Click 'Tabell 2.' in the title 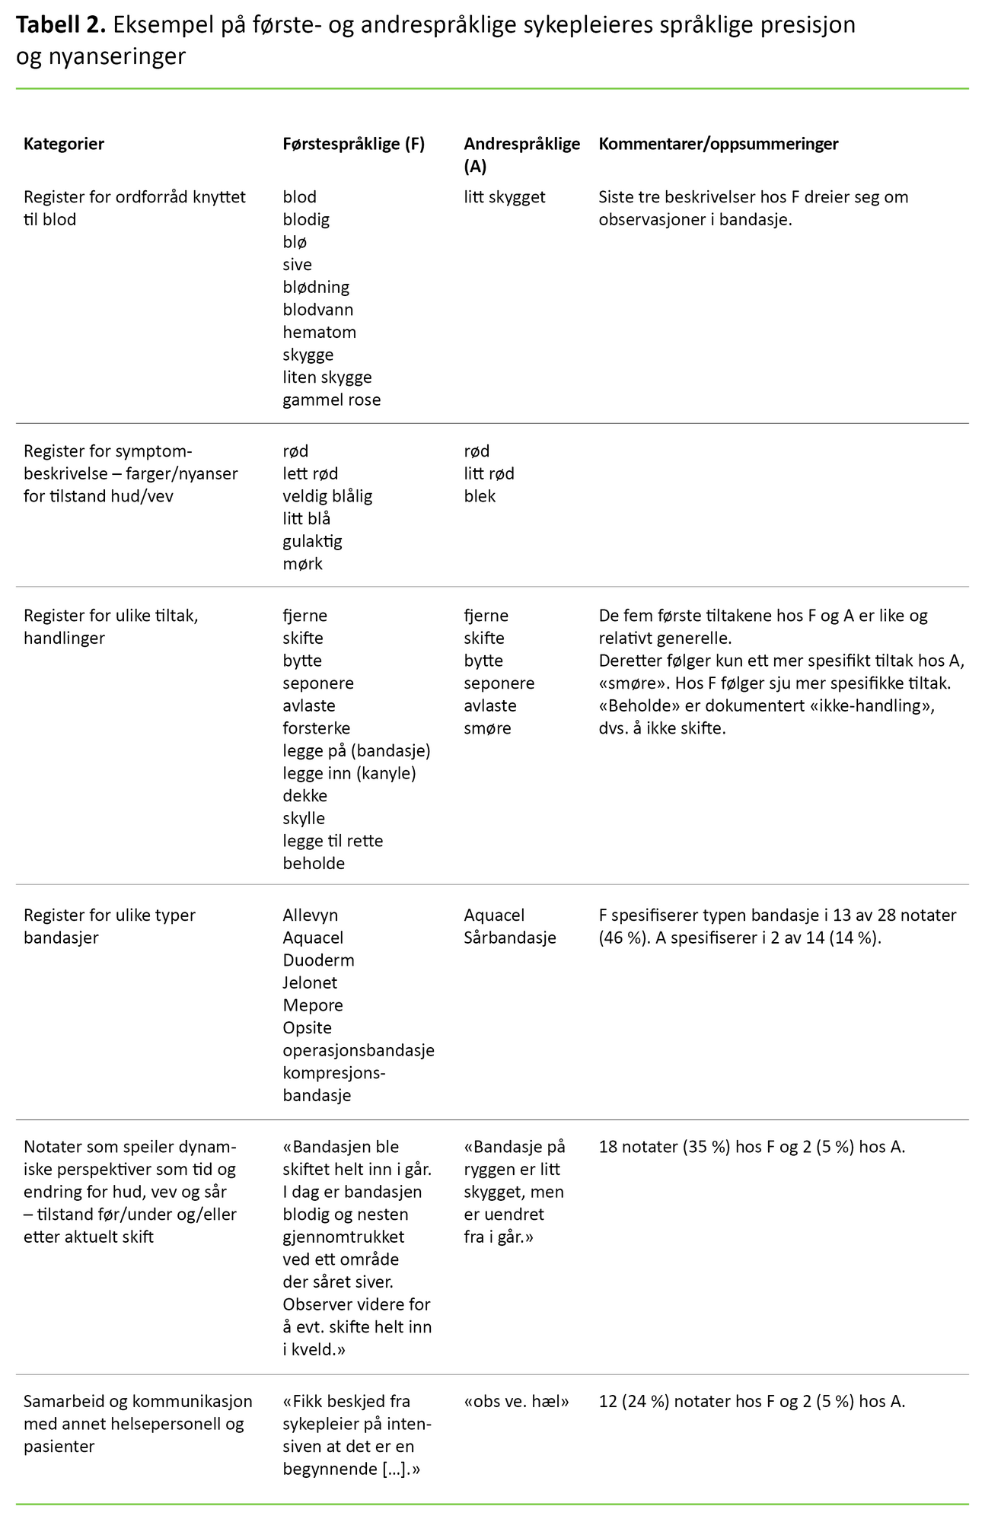60,26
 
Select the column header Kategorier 64,144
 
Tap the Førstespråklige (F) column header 353,144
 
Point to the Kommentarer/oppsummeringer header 718,144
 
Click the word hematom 319,333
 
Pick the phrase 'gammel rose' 331,400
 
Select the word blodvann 317,310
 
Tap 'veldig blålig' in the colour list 327,496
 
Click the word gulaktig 312,542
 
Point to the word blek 480,496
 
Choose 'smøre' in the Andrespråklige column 487,728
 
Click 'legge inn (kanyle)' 350,774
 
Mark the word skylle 304,819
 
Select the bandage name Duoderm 318,960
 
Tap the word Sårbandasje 509,938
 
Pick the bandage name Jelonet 310,983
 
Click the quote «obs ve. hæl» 516,1401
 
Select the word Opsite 307,1028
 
